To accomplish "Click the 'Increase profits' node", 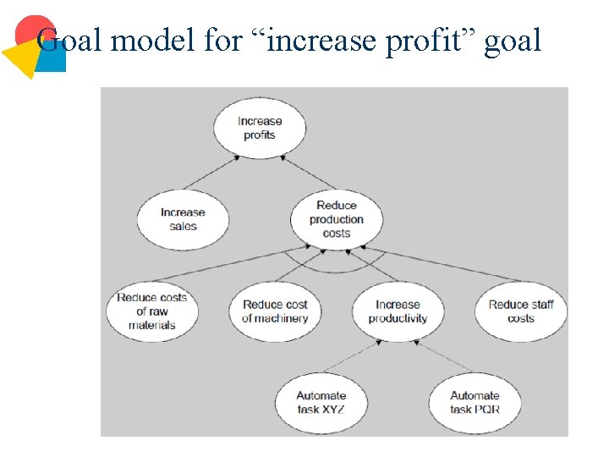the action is tap(259, 128).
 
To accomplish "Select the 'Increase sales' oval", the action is tap(183, 219).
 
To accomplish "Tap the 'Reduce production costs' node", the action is tap(337, 219).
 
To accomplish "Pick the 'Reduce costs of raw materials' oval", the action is tap(152, 311).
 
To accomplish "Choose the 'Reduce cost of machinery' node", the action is tap(275, 311).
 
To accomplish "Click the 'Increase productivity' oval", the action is tap(398, 311).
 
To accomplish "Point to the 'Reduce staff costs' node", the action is tap(520, 311).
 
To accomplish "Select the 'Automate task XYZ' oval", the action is tap(321, 402).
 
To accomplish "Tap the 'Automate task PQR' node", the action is tap(475, 402).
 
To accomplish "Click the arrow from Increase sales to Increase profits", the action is tap(210, 173).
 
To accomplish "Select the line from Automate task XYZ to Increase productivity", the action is tap(351, 356).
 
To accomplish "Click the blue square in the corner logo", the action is tap(54, 58).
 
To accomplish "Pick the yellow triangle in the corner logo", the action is tap(24, 58).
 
